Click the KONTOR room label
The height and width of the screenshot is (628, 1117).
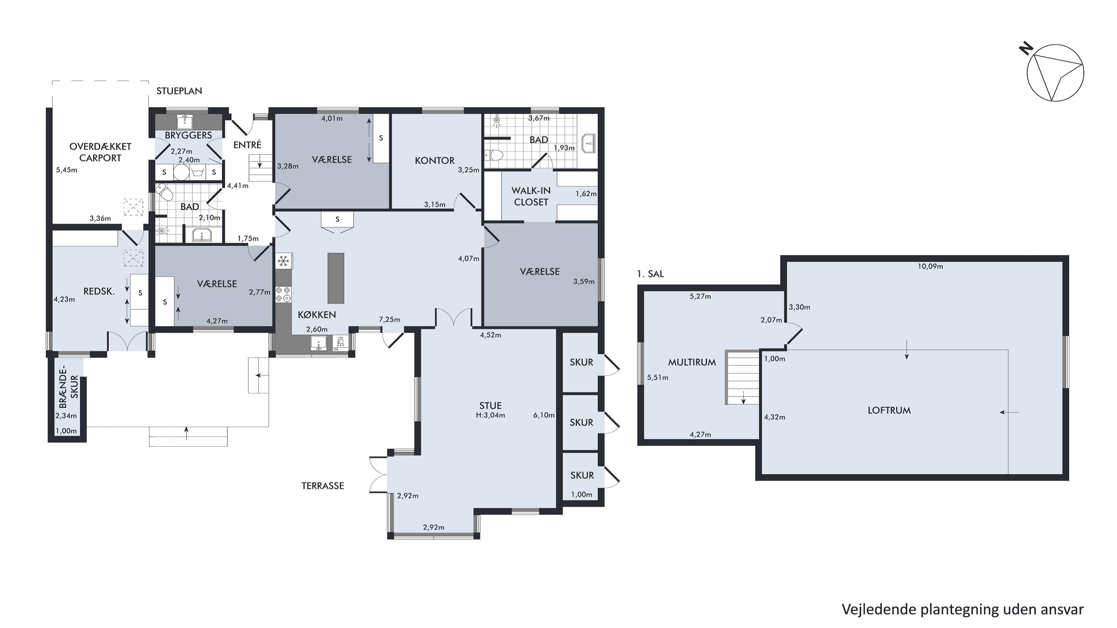click(435, 161)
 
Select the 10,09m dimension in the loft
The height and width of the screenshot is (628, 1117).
click(930, 267)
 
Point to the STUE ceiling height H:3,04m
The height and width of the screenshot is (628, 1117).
click(490, 415)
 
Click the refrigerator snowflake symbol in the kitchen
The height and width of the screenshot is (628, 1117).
click(284, 261)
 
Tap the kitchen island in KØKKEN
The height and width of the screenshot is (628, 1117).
click(335, 278)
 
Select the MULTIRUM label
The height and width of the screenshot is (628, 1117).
click(692, 363)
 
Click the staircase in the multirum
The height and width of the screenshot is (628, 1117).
click(742, 377)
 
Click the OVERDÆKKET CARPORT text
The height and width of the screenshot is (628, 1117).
click(100, 152)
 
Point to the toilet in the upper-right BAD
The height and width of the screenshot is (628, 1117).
click(493, 155)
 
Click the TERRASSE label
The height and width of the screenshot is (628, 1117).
click(322, 486)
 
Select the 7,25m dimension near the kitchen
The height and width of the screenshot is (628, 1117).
click(389, 320)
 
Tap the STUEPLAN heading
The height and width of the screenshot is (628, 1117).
click(179, 91)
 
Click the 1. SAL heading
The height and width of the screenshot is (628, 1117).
click(650, 274)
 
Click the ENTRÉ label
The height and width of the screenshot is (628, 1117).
click(247, 145)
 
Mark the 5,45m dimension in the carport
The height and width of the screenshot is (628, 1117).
click(67, 170)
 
